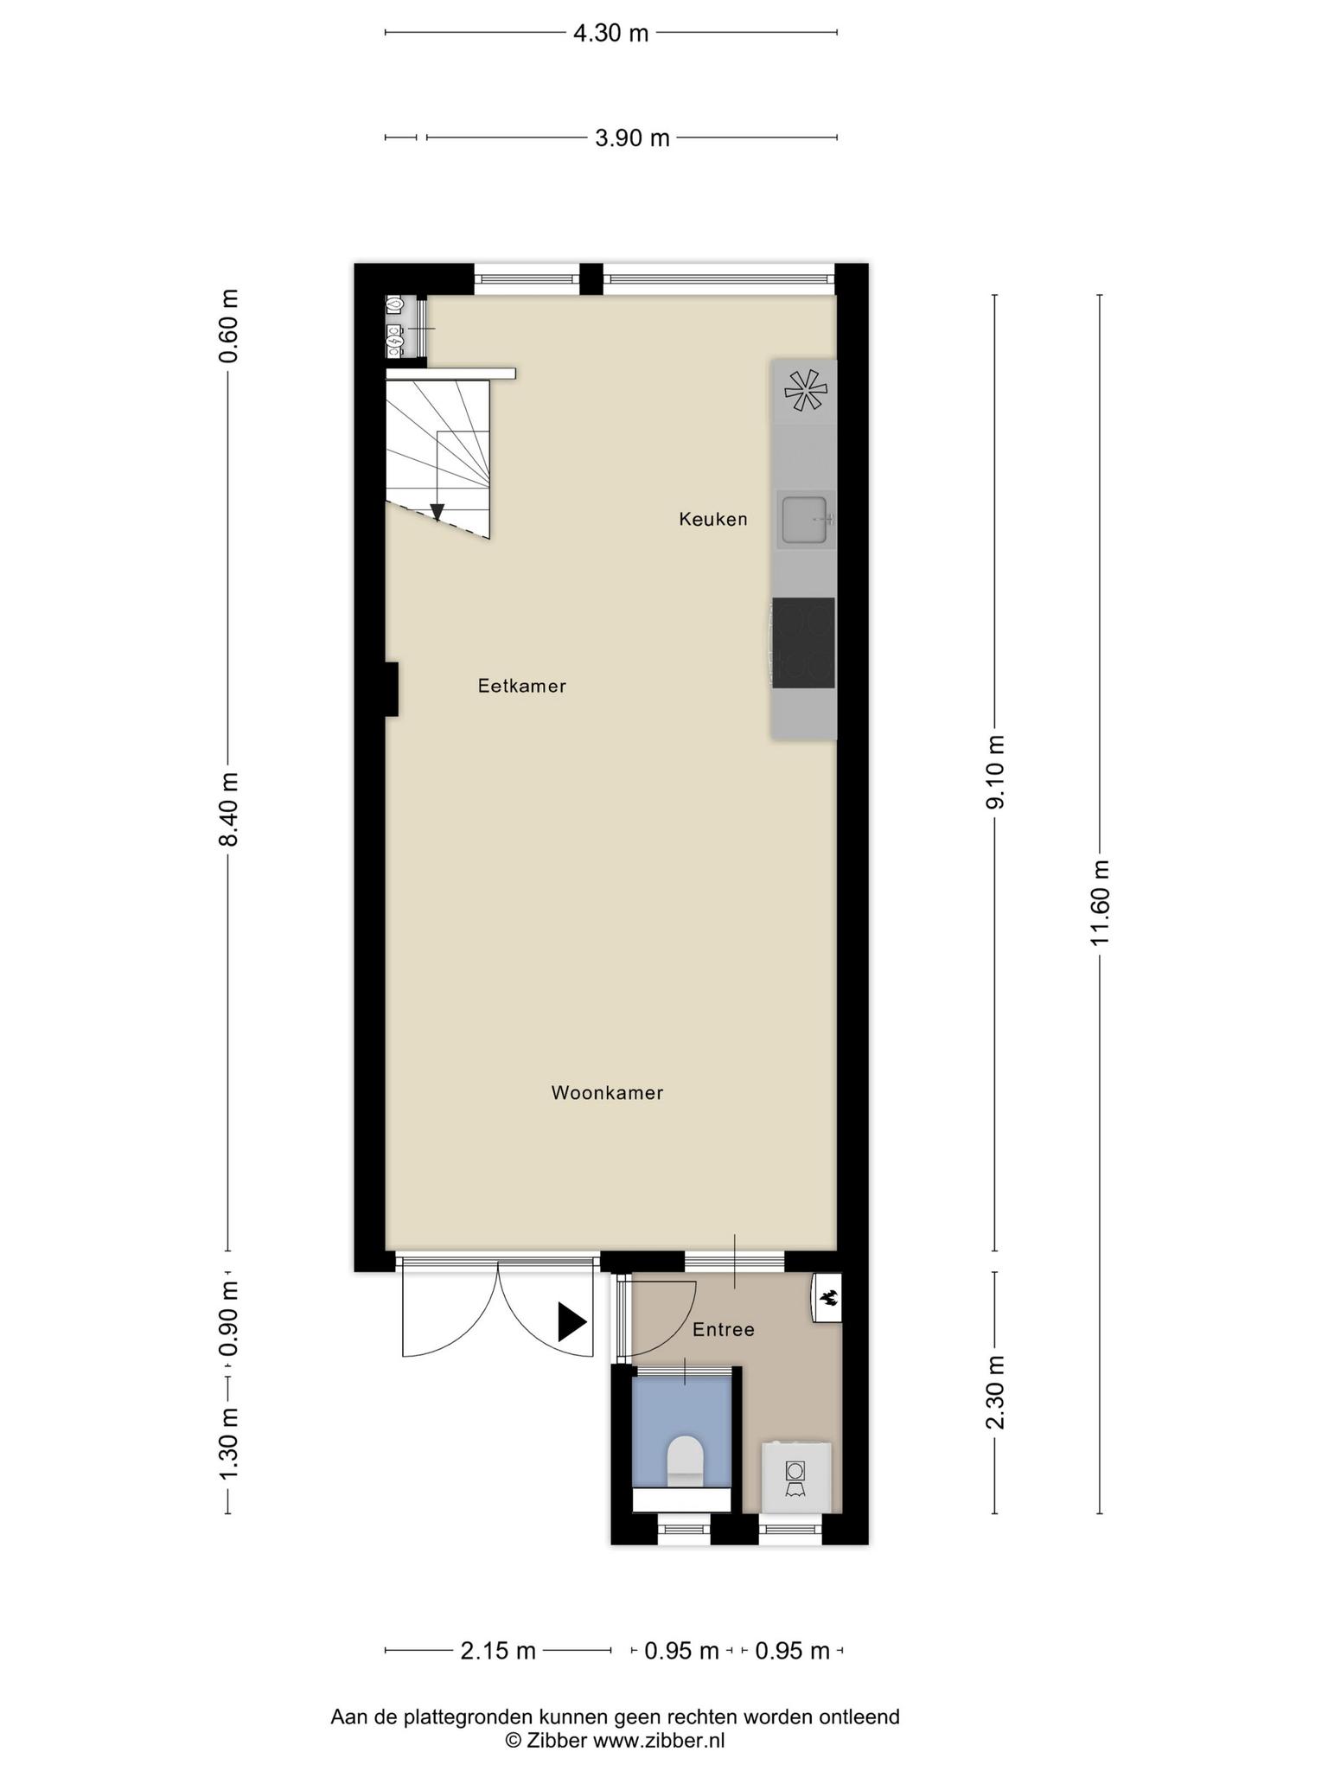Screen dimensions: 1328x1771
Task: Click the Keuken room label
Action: tap(712, 519)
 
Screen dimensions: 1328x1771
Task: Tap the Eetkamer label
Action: tap(522, 686)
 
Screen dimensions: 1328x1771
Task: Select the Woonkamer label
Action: tap(607, 1092)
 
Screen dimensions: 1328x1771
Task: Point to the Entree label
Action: tap(724, 1329)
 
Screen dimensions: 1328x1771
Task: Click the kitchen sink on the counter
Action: tap(805, 520)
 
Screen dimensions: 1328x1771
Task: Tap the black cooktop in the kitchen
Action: tap(803, 643)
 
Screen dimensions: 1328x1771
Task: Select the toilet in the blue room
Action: tap(686, 1462)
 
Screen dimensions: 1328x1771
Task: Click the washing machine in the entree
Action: tap(795, 1477)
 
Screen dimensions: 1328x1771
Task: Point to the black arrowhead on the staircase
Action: tap(437, 511)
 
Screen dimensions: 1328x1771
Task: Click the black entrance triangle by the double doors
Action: tap(571, 1322)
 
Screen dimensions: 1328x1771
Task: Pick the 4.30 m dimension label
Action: tap(610, 33)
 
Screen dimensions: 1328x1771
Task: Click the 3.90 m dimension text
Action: tap(632, 137)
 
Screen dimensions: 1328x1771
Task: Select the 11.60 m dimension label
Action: tap(1100, 904)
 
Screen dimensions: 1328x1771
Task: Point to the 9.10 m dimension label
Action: tap(995, 772)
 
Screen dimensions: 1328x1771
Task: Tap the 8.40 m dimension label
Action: tap(228, 809)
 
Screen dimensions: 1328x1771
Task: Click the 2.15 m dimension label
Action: tap(498, 1651)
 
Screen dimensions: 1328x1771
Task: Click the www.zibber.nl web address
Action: tap(658, 1740)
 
